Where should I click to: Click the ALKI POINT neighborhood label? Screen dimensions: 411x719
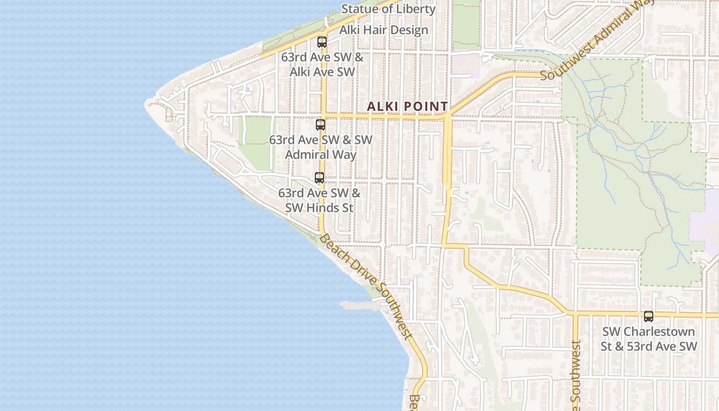407,106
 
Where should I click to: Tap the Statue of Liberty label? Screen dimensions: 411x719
388,9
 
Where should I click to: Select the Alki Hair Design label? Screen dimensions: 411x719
384,30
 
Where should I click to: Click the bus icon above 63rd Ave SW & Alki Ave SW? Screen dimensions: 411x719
322,42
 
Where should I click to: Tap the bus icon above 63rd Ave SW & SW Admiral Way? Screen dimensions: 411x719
320,125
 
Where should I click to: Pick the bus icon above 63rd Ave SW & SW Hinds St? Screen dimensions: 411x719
319,178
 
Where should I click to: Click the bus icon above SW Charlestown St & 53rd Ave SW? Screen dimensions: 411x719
649,316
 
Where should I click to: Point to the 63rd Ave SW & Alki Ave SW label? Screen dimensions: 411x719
322,64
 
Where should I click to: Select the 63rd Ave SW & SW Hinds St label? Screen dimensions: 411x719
319,200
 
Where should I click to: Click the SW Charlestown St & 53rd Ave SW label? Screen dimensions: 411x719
649,339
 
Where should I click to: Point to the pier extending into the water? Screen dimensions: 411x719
359,306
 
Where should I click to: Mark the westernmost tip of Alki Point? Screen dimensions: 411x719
146,103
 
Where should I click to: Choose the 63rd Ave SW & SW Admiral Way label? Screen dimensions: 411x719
321,147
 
